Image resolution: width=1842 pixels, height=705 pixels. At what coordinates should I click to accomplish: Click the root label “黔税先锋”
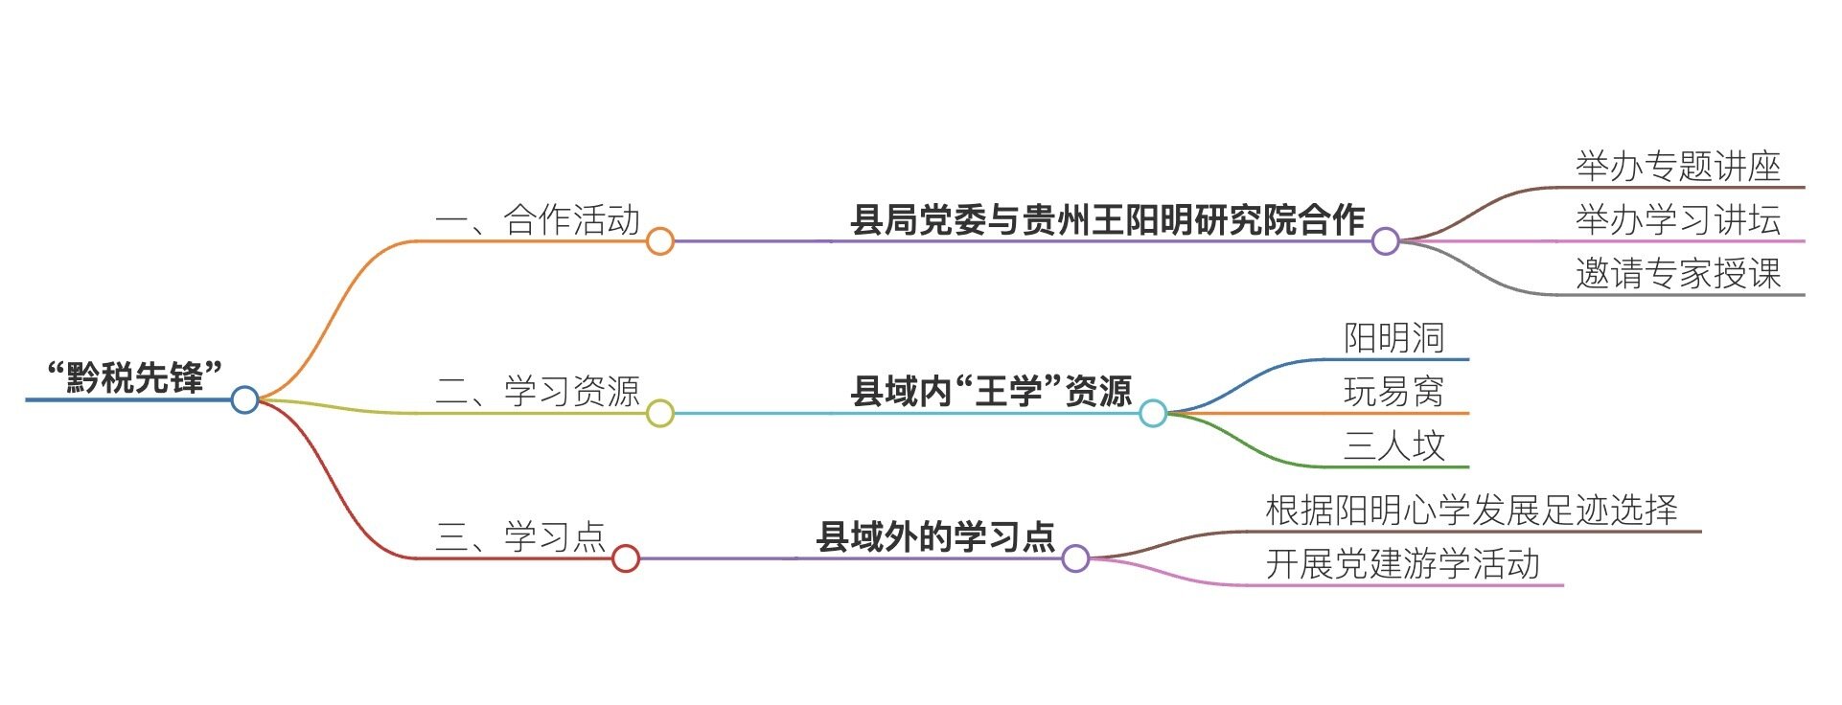(135, 376)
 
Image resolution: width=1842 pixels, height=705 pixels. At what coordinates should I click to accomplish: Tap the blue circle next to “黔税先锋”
(244, 399)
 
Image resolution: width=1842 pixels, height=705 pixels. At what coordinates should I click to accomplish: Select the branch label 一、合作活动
(537, 219)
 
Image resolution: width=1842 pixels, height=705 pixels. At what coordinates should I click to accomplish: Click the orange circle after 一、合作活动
(659, 240)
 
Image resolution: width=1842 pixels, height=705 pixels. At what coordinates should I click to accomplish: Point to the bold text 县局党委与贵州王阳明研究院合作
(1107, 219)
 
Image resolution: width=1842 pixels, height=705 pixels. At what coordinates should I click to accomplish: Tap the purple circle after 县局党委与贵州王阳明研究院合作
(1385, 240)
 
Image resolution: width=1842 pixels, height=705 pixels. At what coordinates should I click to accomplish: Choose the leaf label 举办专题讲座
(1678, 167)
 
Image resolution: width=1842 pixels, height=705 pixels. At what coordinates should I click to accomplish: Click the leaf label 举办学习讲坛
(1678, 220)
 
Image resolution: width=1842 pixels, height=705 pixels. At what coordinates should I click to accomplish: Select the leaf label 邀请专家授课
(1678, 274)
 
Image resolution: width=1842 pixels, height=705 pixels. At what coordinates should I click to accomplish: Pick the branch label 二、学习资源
(537, 391)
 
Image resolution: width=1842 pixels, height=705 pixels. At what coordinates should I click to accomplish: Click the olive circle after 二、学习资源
(659, 413)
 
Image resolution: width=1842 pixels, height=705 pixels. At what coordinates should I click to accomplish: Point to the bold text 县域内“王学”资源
(991, 391)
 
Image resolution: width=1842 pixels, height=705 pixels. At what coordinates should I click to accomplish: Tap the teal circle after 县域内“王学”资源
(1153, 413)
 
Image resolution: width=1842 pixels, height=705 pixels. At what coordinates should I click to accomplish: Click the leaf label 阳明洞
(1393, 337)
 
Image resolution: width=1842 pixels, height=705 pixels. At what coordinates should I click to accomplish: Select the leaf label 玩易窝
(1393, 391)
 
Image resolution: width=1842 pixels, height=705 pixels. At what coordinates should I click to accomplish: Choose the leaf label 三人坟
(1393, 445)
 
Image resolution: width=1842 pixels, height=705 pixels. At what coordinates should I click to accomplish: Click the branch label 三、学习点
(520, 536)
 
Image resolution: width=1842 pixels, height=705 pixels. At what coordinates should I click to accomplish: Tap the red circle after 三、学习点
(625, 558)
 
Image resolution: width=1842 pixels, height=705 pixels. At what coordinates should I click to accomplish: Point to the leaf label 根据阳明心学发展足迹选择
(1471, 510)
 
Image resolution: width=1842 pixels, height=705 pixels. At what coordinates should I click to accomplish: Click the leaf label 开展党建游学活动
(1402, 563)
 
